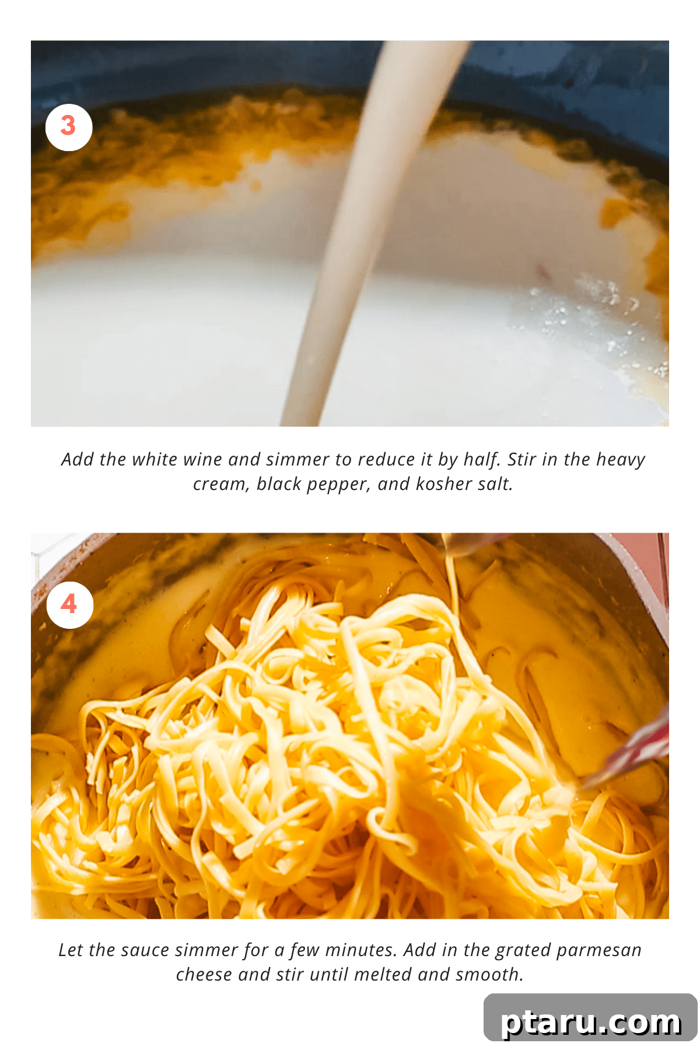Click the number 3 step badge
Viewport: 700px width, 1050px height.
pos(69,127)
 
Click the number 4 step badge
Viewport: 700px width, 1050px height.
pos(69,605)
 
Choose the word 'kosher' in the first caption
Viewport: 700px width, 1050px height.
pos(443,484)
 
